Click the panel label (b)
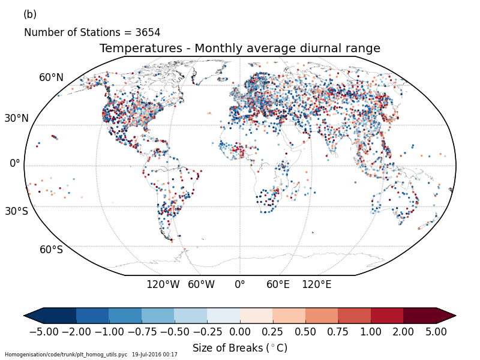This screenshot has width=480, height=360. [x=30, y=14]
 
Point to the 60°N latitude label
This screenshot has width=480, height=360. [x=52, y=77]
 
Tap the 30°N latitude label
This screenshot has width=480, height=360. [x=17, y=118]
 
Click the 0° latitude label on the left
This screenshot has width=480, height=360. [x=15, y=163]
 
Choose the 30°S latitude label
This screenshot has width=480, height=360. [x=17, y=211]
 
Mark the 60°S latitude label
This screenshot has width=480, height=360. [x=52, y=250]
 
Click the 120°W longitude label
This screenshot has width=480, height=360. [x=163, y=284]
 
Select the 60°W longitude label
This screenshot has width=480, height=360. [x=201, y=284]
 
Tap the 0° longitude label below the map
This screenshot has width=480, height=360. [x=240, y=284]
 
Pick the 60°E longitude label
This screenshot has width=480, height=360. [x=278, y=284]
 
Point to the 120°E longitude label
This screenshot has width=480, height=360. [x=316, y=284]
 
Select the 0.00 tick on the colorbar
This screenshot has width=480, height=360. [x=240, y=331]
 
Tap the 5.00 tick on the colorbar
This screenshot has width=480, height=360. [x=436, y=331]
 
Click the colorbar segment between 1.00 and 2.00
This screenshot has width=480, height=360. [x=387, y=316]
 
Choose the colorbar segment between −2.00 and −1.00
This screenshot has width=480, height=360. [x=92, y=316]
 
